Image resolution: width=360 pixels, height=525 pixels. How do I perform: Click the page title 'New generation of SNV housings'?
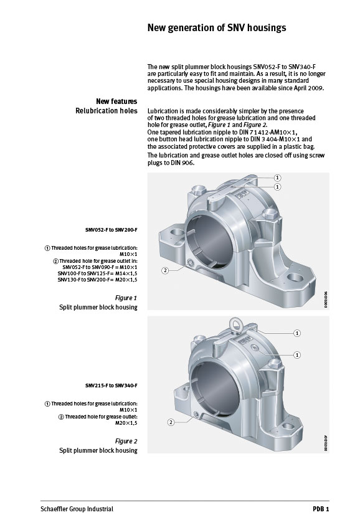pyautogui.click(x=216, y=28)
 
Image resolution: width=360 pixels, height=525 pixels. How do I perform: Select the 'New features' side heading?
pyautogui.click(x=116, y=101)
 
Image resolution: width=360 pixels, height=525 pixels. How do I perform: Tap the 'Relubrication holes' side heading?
pyautogui.click(x=107, y=111)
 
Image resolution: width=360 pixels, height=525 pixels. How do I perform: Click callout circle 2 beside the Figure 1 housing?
pyautogui.click(x=165, y=270)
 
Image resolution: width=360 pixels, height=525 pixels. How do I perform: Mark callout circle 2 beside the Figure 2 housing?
pyautogui.click(x=171, y=422)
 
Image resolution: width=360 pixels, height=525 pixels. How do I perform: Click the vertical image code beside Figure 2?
pyautogui.click(x=326, y=442)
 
